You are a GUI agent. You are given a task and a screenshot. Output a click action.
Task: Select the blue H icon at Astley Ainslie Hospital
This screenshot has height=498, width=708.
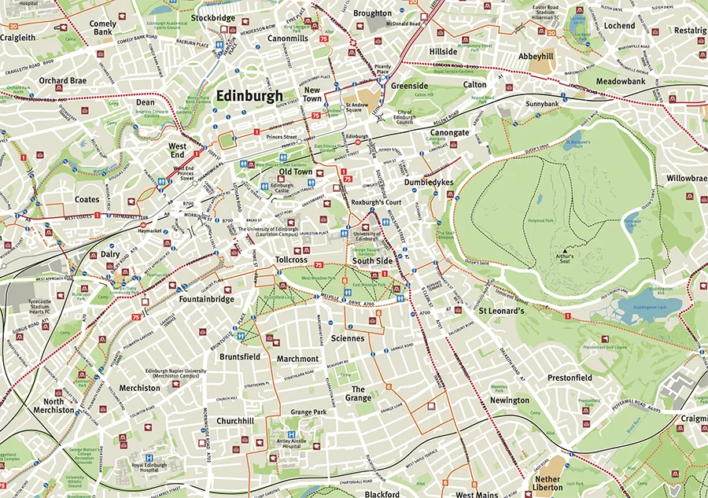coord(291,433)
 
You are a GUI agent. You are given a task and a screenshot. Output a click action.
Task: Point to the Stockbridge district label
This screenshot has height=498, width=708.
coord(213,17)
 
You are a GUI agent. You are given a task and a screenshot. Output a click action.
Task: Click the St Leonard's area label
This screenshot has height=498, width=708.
coord(501,311)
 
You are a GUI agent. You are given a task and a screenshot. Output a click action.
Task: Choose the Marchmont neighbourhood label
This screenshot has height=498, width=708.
coord(297,359)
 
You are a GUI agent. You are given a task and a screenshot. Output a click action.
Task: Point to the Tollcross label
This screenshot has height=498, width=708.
coord(291,259)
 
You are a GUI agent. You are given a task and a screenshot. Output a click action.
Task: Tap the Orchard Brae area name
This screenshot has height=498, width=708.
coord(63,80)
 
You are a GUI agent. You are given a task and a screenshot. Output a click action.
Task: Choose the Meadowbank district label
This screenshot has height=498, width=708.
coord(620,81)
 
